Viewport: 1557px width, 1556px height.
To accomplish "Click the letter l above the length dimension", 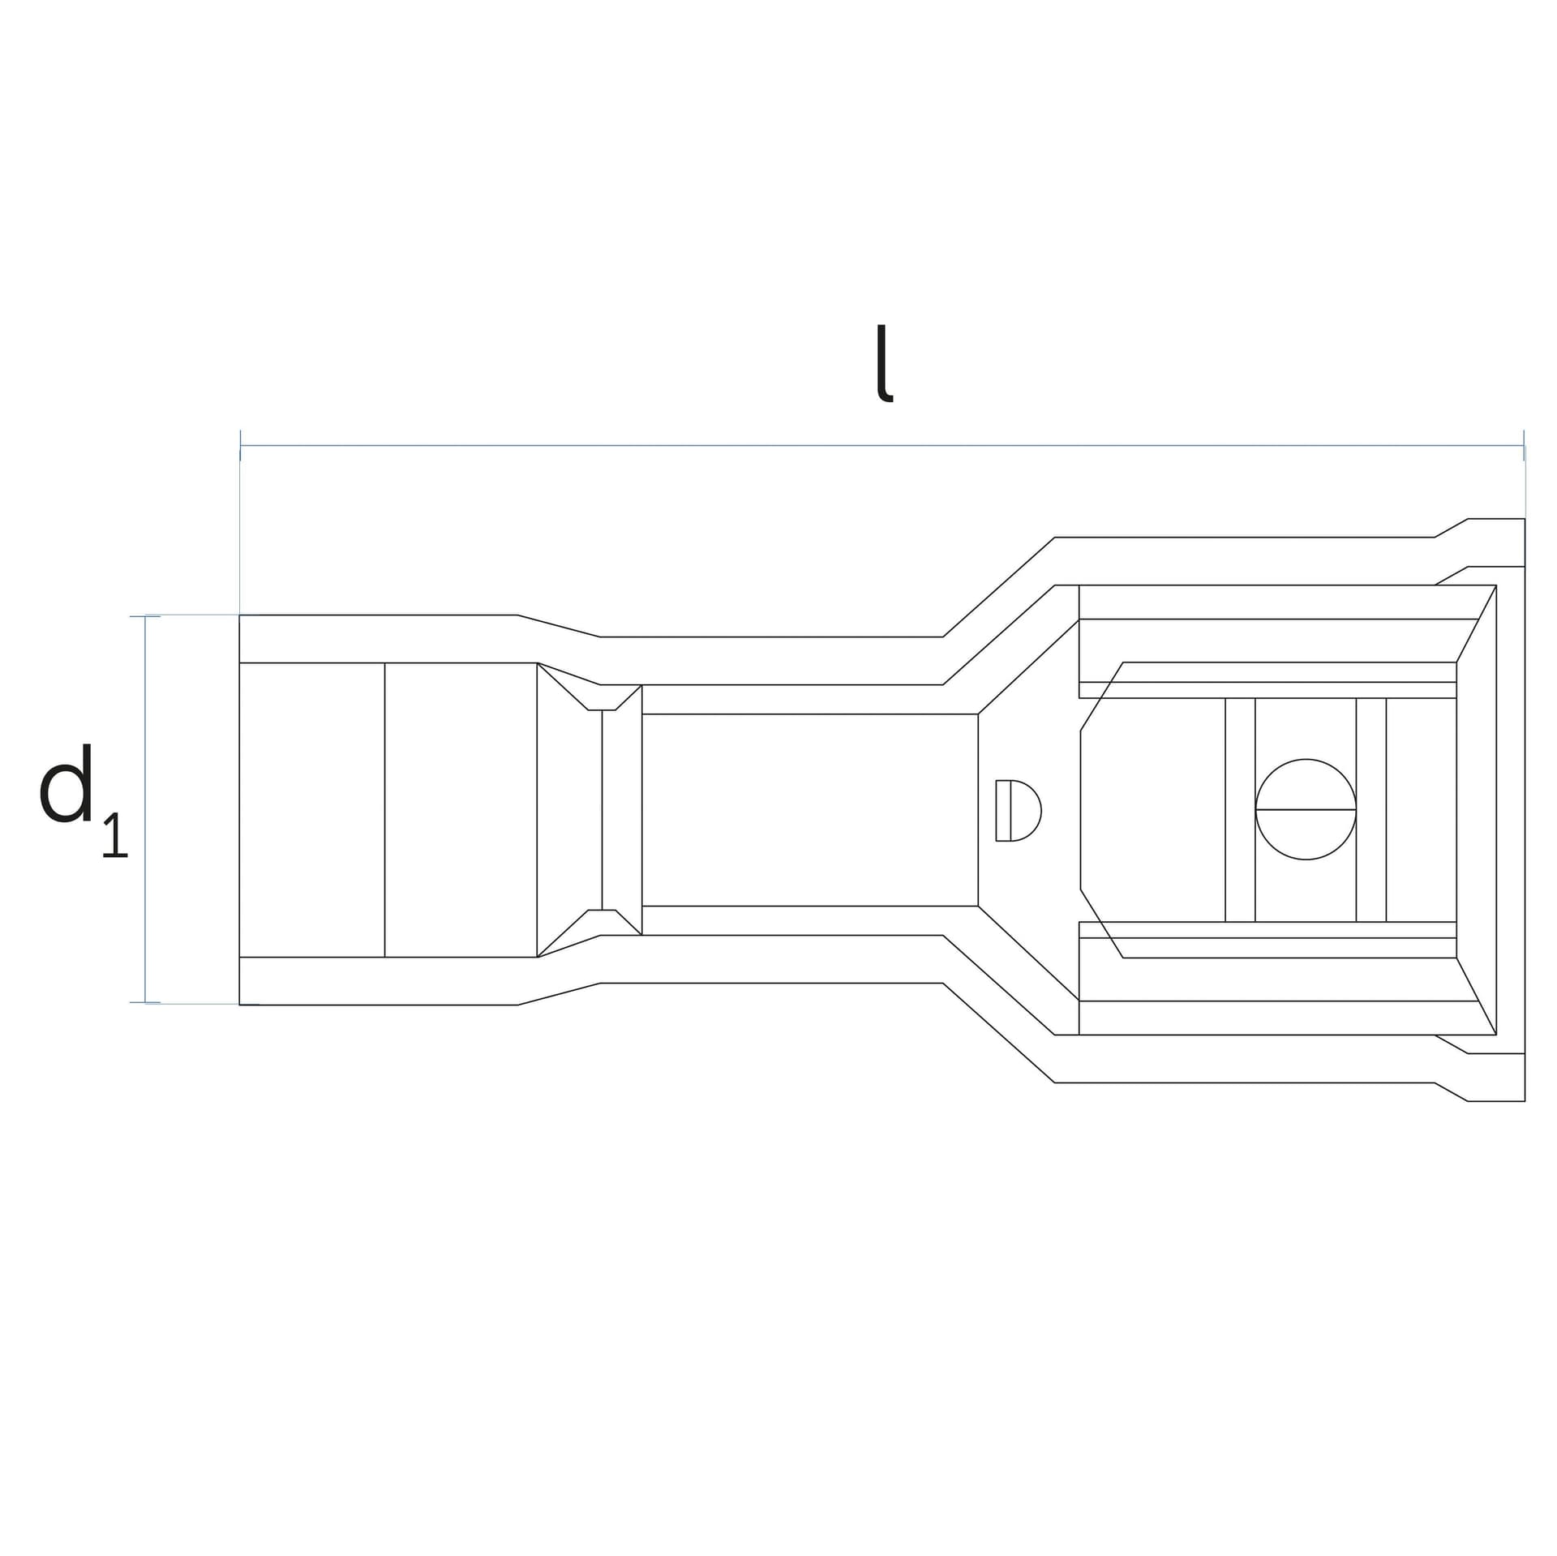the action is coord(884,363).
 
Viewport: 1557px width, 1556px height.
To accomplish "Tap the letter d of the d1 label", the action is coord(66,783).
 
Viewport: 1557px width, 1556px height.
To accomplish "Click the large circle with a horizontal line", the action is coord(1306,809).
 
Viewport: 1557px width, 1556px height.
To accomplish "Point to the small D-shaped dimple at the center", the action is coord(1019,810).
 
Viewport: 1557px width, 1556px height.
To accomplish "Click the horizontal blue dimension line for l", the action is coord(882,445).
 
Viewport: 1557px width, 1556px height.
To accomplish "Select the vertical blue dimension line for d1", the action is coord(145,809).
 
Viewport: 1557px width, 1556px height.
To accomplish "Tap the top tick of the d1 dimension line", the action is coord(145,616).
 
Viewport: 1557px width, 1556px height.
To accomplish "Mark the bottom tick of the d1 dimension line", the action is coord(145,1003).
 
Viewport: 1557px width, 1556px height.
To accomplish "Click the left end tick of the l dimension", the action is coord(240,445).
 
